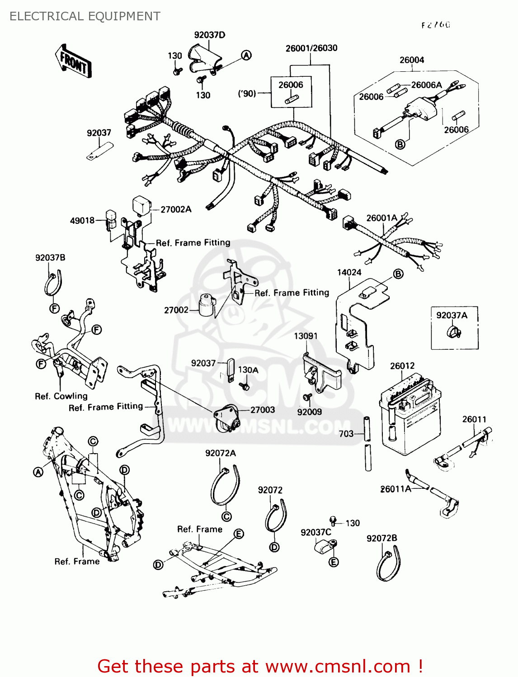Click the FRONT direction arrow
coord(74,61)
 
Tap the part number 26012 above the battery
coord(402,366)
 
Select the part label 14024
coord(349,272)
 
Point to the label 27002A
coord(176,209)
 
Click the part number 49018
coord(82,220)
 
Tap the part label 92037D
coord(210,35)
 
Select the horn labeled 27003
coord(226,419)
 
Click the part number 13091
coord(306,336)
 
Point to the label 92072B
coord(381,538)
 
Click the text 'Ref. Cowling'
coord(61,396)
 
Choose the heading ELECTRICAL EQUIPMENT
coord(85,16)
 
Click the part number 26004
coord(412,60)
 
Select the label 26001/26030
coord(311,48)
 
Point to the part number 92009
coord(310,412)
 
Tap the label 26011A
coord(396,489)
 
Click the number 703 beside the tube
coord(346,434)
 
